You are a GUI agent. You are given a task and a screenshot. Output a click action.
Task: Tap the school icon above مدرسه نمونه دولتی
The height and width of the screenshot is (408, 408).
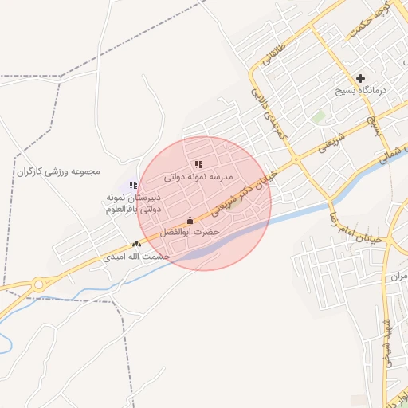pos(198,164)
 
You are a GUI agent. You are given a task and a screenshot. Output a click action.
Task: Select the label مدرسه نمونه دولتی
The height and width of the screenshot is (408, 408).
pos(198,177)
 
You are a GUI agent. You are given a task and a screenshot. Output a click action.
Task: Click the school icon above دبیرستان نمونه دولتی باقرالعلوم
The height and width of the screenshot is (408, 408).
pos(133,185)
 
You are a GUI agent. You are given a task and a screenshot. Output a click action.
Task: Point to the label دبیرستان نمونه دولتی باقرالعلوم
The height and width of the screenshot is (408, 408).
pos(133,202)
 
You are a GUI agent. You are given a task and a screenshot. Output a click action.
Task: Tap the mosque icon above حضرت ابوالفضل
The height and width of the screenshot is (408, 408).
pos(190,220)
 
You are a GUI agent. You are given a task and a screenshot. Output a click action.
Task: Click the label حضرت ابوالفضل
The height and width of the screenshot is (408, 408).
pos(190,232)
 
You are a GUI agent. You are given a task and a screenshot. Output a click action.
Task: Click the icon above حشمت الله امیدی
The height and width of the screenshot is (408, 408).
pos(137,245)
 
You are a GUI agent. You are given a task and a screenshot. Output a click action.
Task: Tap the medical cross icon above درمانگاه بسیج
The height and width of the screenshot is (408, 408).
pos(361,78)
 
